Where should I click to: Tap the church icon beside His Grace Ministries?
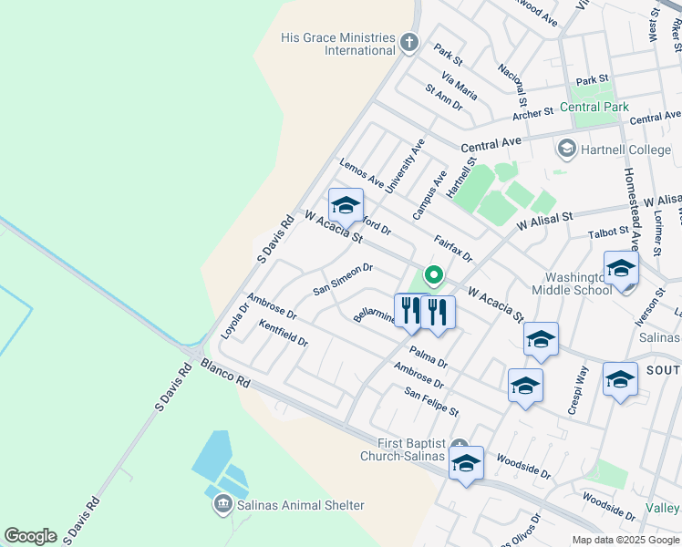(x=409, y=41)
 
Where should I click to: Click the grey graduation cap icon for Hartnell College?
(x=566, y=148)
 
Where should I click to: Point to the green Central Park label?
(x=594, y=108)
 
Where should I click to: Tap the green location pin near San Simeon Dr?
(x=434, y=273)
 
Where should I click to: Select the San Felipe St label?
(x=431, y=401)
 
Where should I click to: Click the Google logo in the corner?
(x=30, y=536)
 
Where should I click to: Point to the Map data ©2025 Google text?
(x=625, y=540)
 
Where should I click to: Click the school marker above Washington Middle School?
(x=621, y=268)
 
